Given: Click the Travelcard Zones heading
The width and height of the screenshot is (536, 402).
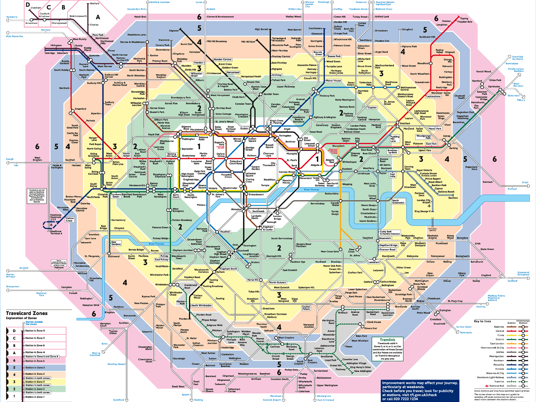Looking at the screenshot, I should (27, 313).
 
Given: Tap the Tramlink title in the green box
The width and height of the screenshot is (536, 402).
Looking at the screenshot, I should (387, 340).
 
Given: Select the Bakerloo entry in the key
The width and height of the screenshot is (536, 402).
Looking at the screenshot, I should (499, 327).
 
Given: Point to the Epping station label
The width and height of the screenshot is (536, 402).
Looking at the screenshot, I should (464, 18).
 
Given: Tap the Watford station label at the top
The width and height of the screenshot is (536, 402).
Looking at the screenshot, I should (94, 4).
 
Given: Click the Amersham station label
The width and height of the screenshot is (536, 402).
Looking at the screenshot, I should (31, 23).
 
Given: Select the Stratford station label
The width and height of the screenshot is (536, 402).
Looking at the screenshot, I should (405, 123).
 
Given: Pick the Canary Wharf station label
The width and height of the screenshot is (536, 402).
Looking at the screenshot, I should (372, 197).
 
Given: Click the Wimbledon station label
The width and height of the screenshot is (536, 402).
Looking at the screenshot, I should (162, 285).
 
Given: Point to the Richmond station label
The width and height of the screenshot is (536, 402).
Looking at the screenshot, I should (114, 256).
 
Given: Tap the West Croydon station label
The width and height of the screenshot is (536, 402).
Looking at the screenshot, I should (286, 338).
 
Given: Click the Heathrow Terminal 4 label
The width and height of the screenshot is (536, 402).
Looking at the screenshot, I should (56, 232).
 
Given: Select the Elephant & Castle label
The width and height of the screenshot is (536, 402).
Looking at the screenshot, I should (268, 228).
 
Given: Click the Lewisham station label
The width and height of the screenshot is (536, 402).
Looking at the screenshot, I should (374, 262).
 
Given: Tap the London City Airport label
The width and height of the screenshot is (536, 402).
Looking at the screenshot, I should (423, 201).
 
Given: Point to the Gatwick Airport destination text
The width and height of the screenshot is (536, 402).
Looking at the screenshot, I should (272, 400).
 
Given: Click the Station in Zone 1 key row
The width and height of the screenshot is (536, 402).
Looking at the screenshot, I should (35, 397).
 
